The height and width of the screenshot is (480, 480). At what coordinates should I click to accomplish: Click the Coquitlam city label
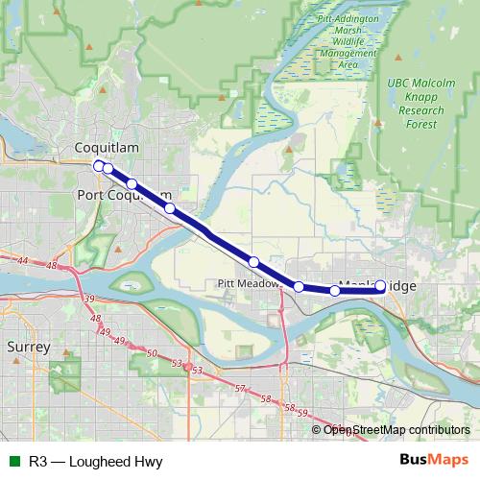point(107,147)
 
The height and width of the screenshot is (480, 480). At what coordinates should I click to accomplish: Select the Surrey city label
point(28,346)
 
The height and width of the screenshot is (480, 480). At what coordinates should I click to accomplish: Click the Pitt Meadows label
point(248,284)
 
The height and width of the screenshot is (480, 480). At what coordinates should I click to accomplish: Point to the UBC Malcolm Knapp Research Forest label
point(421,104)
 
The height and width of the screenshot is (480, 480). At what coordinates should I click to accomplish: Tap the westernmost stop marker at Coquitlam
point(99,166)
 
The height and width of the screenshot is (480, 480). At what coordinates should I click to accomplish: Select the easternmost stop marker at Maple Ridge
point(380,285)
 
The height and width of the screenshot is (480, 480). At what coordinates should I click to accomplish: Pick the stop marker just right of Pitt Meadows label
point(299,286)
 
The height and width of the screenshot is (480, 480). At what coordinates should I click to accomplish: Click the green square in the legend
point(13,461)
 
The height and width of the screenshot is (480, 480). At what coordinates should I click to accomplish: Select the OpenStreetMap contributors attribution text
point(396,430)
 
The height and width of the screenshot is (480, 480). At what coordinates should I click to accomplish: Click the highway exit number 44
point(23,260)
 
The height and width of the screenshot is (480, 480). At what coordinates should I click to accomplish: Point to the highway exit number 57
point(240,389)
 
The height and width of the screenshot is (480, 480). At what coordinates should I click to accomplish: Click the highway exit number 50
point(152,353)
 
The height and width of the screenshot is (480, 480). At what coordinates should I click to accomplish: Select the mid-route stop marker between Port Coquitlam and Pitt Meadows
point(253,261)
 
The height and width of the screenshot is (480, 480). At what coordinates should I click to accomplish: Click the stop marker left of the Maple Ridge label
point(334,290)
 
